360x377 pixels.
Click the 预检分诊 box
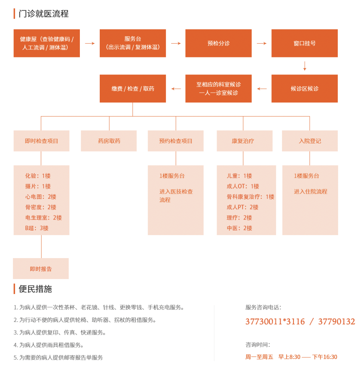[x=219, y=43]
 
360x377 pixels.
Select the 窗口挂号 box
[x=305, y=43]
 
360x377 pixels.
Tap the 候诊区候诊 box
[x=305, y=88]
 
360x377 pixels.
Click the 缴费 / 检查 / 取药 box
[x=133, y=88]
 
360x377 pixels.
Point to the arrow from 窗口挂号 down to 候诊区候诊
[x=305, y=66]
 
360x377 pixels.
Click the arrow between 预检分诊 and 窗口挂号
[x=262, y=43]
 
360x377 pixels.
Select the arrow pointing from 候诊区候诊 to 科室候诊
[x=262, y=89]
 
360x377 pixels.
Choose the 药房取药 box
[x=109, y=141]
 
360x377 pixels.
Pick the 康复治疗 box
[x=245, y=141]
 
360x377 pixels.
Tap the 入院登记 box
[x=310, y=141]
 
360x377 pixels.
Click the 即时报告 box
[x=41, y=268]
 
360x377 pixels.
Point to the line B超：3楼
[x=37, y=228]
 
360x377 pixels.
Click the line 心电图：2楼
[x=41, y=197]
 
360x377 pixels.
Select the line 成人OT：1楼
[x=243, y=186]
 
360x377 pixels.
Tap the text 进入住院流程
[x=310, y=192]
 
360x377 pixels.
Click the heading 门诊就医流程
[x=44, y=14]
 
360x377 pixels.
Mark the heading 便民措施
[x=35, y=289]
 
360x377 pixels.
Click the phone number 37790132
[x=336, y=322]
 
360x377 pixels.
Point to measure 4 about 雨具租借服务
[x=49, y=345]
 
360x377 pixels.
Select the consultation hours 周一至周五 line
[x=291, y=357]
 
